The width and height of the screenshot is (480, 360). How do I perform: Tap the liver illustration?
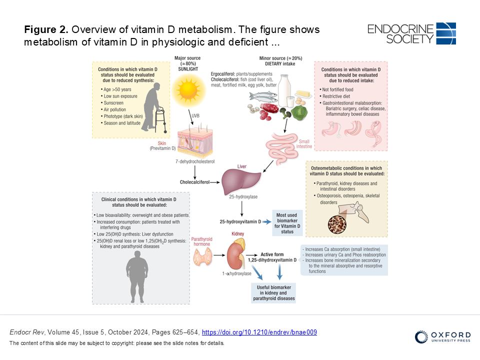(241, 181)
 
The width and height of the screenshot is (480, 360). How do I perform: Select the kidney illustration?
(235, 254)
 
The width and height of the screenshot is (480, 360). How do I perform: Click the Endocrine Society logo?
(411, 33)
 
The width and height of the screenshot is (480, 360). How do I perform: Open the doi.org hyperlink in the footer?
(259, 332)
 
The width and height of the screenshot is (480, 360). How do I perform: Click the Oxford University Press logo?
(442, 336)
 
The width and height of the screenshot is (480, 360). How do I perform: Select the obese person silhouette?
(137, 279)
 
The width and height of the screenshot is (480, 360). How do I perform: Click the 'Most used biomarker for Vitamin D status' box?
(287, 223)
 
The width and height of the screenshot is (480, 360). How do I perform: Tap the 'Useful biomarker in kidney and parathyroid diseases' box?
(273, 293)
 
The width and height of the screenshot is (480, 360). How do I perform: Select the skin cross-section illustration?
(195, 141)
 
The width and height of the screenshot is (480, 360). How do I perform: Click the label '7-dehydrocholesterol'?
(195, 161)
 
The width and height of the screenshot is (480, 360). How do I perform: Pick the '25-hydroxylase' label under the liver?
(243, 197)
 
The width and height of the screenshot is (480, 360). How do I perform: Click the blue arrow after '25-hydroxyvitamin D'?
(266, 222)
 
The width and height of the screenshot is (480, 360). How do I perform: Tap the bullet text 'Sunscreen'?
(113, 103)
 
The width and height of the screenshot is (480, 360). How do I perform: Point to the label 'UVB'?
(195, 115)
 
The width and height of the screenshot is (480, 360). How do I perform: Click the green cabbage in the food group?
(299, 112)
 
